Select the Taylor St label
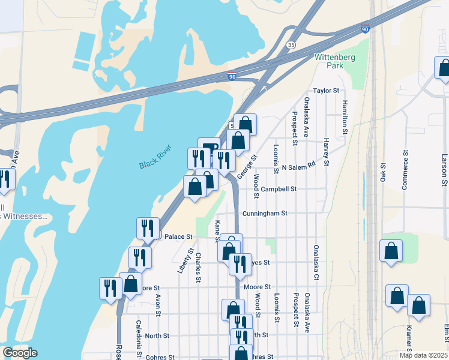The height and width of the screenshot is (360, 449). [327, 91]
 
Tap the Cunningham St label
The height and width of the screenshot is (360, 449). [265, 213]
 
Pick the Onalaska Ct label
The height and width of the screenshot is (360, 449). [315, 262]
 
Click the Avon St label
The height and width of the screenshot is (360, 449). [158, 305]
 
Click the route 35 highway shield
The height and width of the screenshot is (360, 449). [291, 44]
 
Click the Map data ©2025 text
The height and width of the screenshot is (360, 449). [423, 355]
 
